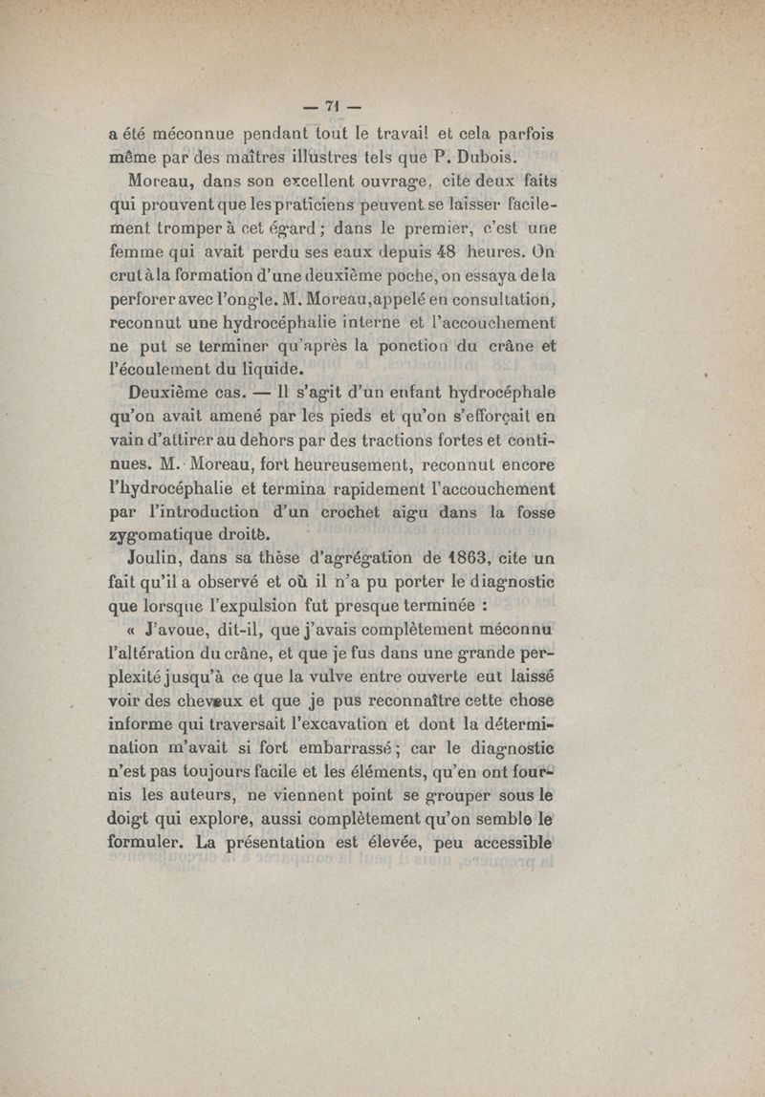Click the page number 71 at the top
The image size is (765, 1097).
pyautogui.click(x=334, y=106)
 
